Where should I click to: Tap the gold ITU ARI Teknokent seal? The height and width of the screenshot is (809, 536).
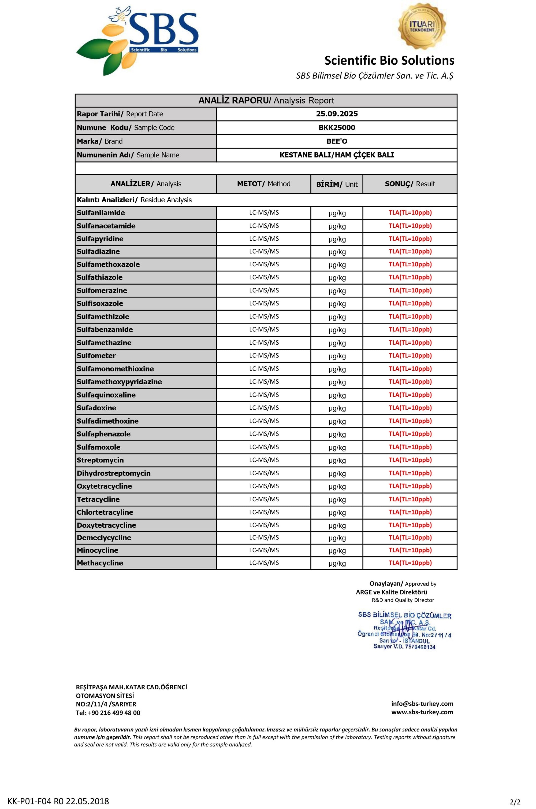[422, 27]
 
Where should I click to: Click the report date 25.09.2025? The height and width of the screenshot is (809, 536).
[337, 114]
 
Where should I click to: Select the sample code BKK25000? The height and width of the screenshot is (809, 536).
[337, 128]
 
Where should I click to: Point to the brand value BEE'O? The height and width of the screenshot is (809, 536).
[337, 141]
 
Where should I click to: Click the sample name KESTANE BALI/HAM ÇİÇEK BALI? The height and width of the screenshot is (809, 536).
[337, 155]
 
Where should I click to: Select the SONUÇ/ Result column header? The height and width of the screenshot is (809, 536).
[410, 184]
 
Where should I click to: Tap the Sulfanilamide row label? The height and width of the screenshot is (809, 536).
[101, 213]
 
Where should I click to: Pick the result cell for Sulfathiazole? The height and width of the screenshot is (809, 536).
[410, 277]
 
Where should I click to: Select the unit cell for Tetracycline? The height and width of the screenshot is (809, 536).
[337, 500]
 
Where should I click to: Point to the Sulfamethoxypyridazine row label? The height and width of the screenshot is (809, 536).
[119, 382]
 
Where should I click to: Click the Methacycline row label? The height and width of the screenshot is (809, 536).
[100, 563]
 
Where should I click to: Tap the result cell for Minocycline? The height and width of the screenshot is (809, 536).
[410, 550]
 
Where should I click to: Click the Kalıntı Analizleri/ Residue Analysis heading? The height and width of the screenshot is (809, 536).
[134, 200]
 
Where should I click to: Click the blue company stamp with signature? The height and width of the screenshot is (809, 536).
[404, 630]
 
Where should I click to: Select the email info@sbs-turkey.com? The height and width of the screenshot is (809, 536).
[422, 704]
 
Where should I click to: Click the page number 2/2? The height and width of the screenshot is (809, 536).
[515, 801]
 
